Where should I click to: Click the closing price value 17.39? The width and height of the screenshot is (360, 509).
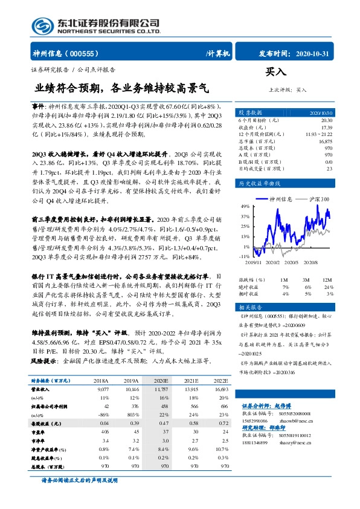(x=326, y=128)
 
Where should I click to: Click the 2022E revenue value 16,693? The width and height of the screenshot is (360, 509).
(x=220, y=391)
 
